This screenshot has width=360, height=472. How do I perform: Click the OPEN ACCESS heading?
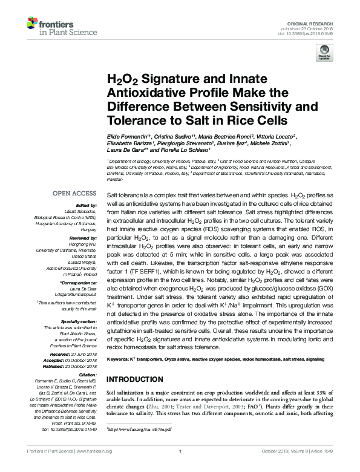74,194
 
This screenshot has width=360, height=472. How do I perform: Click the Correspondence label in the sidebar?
79,283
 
